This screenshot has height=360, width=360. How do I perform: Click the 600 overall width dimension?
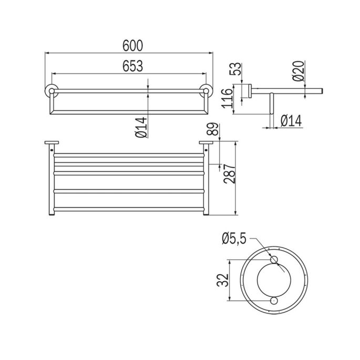point(129,46)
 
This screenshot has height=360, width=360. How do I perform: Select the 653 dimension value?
point(129,66)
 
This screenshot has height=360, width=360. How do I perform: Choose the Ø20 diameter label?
point(299,70)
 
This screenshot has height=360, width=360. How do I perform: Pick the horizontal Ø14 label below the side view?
point(291,121)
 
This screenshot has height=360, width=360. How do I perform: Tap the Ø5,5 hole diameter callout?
point(235,240)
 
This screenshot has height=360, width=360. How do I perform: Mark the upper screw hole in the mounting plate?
point(273,260)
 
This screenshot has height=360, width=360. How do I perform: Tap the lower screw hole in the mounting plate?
point(273,300)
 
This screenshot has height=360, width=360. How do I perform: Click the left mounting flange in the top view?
point(51,142)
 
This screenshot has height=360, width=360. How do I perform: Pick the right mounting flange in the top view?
point(205,142)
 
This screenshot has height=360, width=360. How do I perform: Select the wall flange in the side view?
point(245,91)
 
